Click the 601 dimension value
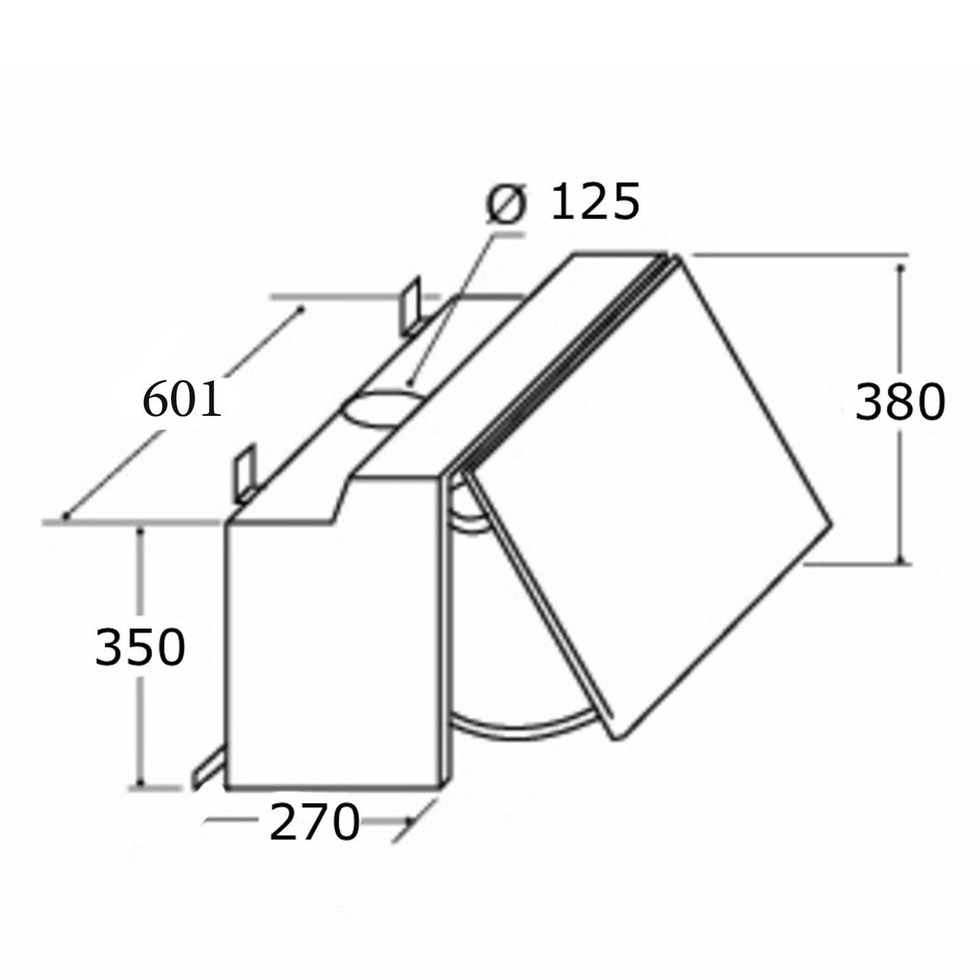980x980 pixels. point(182,400)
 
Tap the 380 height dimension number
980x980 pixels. point(899,403)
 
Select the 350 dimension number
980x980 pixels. point(140,647)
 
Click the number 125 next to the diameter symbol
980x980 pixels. point(595,203)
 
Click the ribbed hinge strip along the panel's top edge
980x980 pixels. point(559,360)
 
